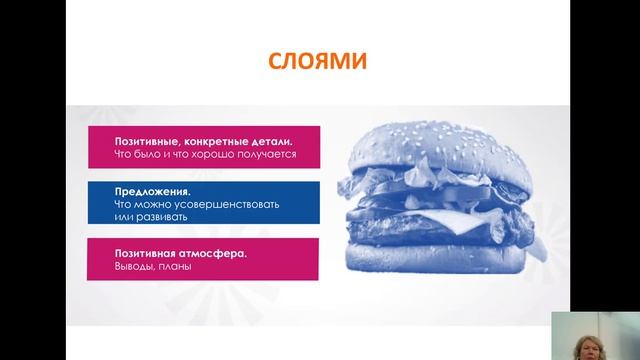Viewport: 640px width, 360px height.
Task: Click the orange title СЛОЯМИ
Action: (x=318, y=63)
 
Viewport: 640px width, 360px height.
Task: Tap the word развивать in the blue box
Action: (x=158, y=216)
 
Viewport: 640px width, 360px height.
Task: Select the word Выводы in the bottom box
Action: (x=137, y=267)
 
